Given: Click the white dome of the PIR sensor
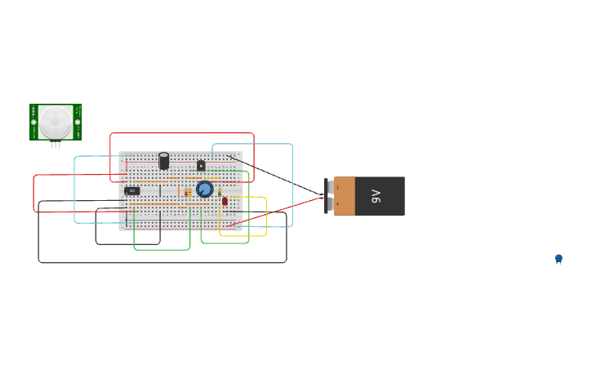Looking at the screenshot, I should [x=56, y=122].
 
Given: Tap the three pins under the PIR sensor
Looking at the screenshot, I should [x=56, y=145].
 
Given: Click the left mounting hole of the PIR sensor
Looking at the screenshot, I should [x=34, y=122].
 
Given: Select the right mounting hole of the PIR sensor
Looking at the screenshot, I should [x=78, y=122].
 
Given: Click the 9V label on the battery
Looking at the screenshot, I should [x=376, y=196].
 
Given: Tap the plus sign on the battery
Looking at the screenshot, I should [x=337, y=204].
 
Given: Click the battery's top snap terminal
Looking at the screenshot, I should [x=331, y=188].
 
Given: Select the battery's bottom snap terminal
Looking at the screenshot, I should [x=331, y=204].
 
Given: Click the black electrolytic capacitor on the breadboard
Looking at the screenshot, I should [x=163, y=160].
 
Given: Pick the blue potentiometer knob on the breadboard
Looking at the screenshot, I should [x=204, y=189].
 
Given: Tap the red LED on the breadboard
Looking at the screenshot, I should [x=225, y=201].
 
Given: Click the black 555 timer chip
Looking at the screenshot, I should [x=131, y=190].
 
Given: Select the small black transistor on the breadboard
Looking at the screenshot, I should [x=201, y=165].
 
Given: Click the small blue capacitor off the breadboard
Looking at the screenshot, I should [x=559, y=258].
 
